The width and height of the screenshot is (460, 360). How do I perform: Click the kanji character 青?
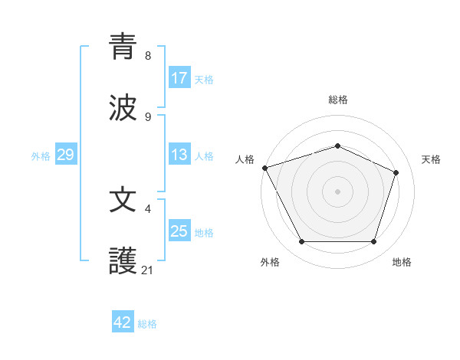pyautogui.click(x=123, y=46)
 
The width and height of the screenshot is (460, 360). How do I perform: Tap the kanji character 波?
pyautogui.click(x=123, y=107)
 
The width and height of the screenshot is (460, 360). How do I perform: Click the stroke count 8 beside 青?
pyautogui.click(x=148, y=56)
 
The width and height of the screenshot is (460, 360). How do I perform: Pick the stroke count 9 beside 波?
pyautogui.click(x=148, y=117)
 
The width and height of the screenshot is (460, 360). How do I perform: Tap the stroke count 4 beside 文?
pyautogui.click(x=148, y=208)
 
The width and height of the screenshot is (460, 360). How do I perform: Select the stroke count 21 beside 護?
pyautogui.click(x=148, y=270)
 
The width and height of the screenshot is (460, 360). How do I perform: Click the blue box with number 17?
pyautogui.click(x=179, y=78)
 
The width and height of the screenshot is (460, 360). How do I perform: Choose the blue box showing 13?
pyautogui.click(x=179, y=155)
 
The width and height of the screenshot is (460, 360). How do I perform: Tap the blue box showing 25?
pyautogui.click(x=179, y=231)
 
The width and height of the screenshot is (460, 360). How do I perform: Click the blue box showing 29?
pyautogui.click(x=65, y=155)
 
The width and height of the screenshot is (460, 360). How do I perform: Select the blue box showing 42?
pyautogui.click(x=123, y=322)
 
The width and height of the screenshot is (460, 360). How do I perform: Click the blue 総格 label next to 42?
pyautogui.click(x=147, y=324)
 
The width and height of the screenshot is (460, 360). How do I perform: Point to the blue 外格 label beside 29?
pyautogui.click(x=41, y=156)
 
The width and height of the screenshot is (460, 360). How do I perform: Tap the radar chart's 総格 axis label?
pyautogui.click(x=337, y=100)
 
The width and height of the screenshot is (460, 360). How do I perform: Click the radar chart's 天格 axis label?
pyautogui.click(x=431, y=159)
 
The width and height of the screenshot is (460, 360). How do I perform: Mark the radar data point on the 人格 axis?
pyautogui.click(x=264, y=168)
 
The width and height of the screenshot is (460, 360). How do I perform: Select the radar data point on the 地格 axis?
pyautogui.click(x=373, y=242)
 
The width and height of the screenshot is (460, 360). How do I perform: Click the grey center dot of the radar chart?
pyautogui.click(x=337, y=191)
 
